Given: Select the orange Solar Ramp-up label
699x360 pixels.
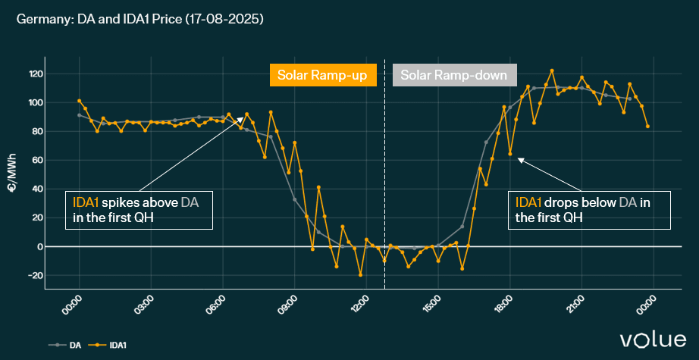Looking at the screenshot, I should tap(323, 75).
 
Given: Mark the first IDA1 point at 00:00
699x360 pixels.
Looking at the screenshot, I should tap(79, 101).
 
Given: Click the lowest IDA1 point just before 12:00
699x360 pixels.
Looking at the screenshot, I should tap(360, 274).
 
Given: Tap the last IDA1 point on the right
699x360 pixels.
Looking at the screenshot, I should tap(647, 126).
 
